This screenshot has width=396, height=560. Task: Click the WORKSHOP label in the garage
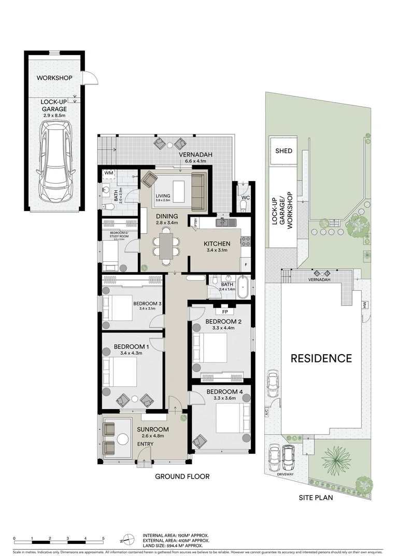(x=54, y=78)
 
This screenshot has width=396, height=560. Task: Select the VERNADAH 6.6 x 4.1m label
(x=193, y=158)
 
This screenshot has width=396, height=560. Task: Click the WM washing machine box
(x=109, y=173)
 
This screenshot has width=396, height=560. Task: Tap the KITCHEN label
(x=213, y=243)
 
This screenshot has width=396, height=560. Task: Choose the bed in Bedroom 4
(x=228, y=417)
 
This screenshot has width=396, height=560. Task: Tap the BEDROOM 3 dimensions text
(x=148, y=309)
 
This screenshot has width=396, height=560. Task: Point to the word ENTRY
(x=145, y=444)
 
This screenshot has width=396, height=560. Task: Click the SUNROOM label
(x=153, y=429)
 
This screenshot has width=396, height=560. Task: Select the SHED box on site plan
(x=284, y=151)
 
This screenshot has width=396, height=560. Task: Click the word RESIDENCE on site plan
(x=320, y=358)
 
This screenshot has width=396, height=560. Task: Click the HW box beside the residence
(x=365, y=306)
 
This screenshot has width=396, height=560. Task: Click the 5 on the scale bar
(x=103, y=539)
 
